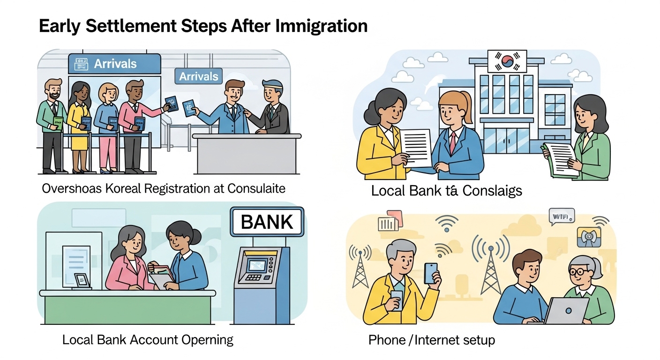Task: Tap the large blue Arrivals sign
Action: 114,64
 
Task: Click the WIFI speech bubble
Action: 561,217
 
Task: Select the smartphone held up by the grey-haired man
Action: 430,272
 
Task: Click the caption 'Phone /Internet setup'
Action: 431,340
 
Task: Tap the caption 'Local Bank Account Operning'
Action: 148,339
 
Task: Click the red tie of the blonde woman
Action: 453,142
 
